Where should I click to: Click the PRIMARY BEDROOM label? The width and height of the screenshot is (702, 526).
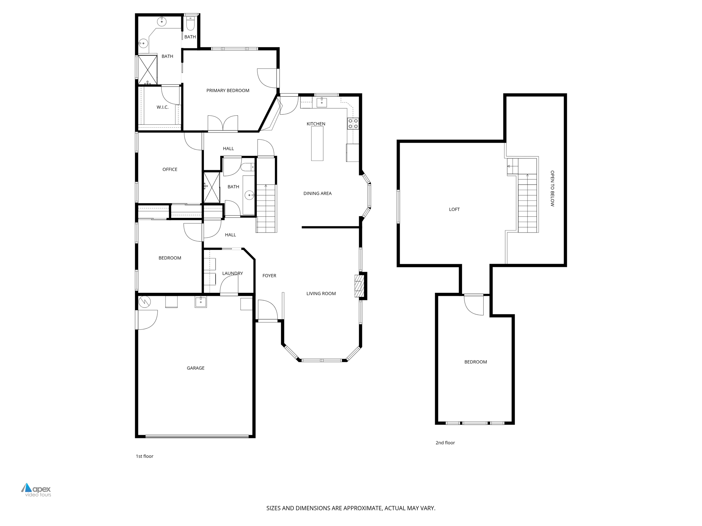[x=228, y=90]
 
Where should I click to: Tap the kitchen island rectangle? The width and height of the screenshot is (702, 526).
[x=317, y=143]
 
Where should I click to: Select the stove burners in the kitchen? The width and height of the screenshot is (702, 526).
[x=353, y=124]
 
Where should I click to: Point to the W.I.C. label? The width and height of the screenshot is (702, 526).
[x=162, y=107]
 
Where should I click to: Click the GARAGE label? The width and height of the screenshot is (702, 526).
[x=195, y=368]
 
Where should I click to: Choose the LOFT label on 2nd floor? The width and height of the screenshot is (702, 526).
[x=454, y=209]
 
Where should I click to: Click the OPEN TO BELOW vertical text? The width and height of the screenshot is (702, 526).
[x=552, y=188]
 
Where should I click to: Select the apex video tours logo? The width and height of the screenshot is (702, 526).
[x=36, y=490]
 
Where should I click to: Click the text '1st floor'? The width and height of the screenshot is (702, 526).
[x=144, y=456]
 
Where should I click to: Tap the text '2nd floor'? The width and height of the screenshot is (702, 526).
[x=445, y=443]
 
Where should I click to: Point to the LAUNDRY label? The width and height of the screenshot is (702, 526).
[x=232, y=273]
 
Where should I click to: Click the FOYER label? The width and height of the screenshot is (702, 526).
[x=269, y=276]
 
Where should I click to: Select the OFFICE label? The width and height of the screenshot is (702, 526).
[x=170, y=169]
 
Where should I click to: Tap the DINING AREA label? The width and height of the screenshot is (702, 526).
[x=317, y=193]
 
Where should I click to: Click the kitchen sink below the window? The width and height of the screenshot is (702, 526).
[x=322, y=102]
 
